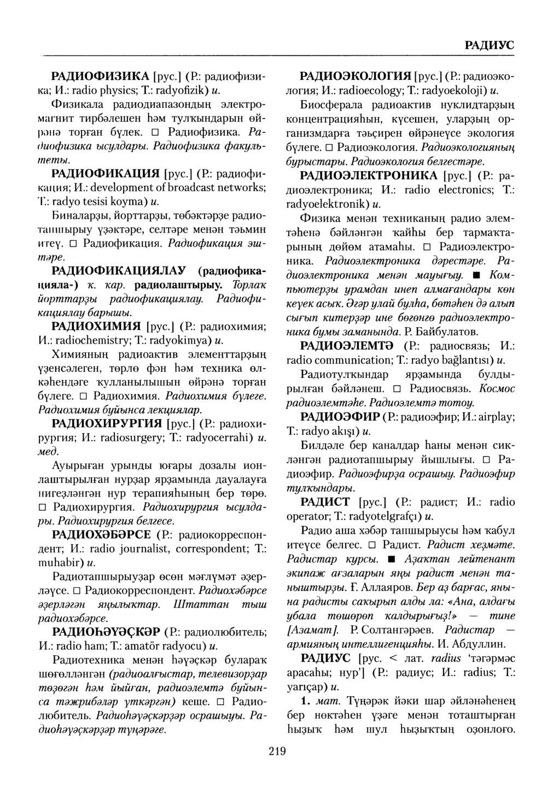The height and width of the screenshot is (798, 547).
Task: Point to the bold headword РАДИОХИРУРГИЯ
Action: point(108,423)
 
